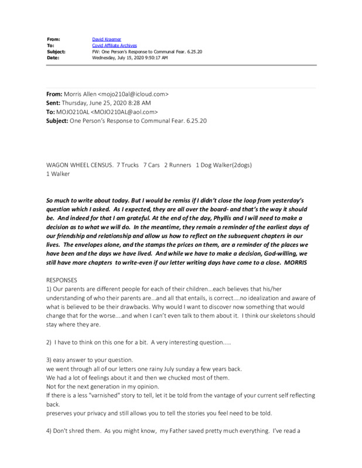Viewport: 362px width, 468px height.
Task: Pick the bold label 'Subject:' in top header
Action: coord(56,51)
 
